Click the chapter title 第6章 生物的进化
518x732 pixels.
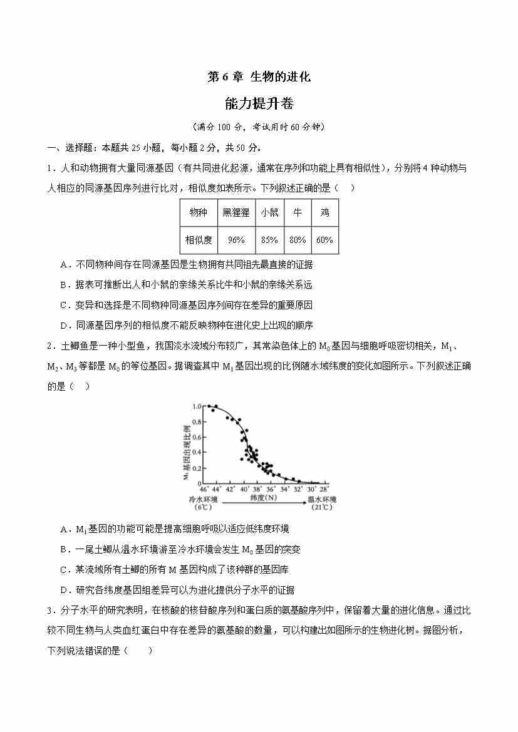(x=259, y=77)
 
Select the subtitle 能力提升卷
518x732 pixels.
(x=259, y=103)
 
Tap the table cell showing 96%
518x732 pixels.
(x=236, y=240)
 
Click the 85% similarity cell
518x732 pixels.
(x=269, y=240)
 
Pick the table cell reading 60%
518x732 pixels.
(x=324, y=240)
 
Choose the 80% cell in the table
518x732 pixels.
(x=298, y=240)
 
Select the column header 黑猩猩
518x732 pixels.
(x=236, y=213)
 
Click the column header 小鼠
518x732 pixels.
(x=269, y=213)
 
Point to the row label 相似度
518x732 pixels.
(x=198, y=240)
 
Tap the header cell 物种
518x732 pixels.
(x=198, y=213)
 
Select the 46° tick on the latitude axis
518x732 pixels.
(x=204, y=489)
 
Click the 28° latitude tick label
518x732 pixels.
(x=323, y=489)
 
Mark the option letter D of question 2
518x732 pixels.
(x=64, y=590)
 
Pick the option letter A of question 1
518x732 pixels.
(x=64, y=264)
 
